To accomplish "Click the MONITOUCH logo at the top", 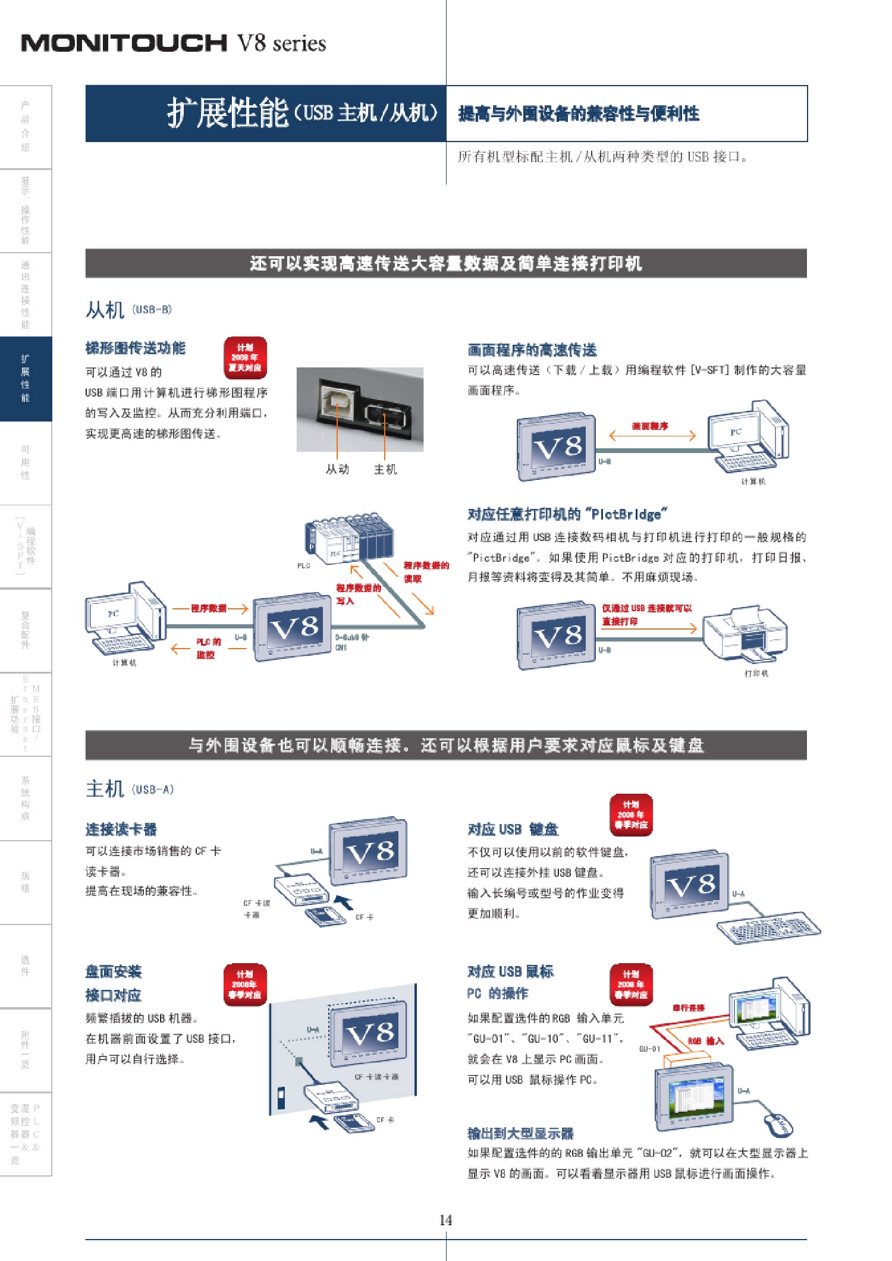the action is click(x=124, y=43).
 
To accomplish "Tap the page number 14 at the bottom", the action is click(x=445, y=1220).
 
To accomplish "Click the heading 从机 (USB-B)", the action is click(x=128, y=310).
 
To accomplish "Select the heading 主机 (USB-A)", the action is click(x=130, y=789).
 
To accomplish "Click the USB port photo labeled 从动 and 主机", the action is click(x=360, y=409).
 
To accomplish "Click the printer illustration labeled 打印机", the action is click(x=746, y=635).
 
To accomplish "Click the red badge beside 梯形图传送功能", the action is click(x=245, y=358).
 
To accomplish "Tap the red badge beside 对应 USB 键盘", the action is click(x=631, y=815).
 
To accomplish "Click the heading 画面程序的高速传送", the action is click(x=532, y=350).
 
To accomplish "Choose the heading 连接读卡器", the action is click(x=121, y=829).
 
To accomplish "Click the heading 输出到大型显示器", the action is click(x=520, y=1133).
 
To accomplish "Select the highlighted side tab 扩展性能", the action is click(x=26, y=378).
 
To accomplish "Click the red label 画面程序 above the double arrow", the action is click(x=649, y=426).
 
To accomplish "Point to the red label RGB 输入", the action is click(x=706, y=1041).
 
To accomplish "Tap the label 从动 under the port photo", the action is click(x=337, y=469).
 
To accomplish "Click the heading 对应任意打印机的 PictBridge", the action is click(x=567, y=514).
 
